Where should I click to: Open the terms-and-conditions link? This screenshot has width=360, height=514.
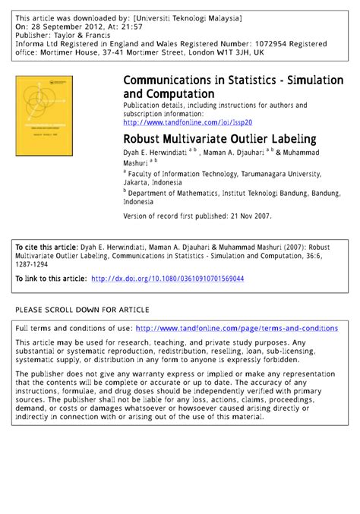[x=236, y=328]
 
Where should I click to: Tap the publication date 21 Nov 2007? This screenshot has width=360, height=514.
[x=246, y=216]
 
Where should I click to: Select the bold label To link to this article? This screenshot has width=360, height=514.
[x=51, y=279]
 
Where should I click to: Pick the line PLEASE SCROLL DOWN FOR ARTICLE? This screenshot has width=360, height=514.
[x=82, y=310]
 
